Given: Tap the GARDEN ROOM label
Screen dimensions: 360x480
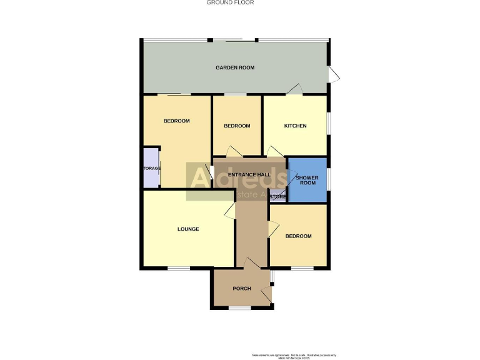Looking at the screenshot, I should point(235,67).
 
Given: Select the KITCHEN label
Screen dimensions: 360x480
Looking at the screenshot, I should point(296,126).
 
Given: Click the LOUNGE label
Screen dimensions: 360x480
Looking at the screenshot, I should point(188,229).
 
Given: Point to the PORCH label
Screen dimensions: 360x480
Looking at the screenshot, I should point(242,289).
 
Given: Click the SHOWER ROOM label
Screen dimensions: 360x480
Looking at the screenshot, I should point(307,181).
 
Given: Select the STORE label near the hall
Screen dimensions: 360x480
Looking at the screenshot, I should point(278,197).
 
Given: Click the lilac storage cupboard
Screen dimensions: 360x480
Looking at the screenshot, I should point(151,167).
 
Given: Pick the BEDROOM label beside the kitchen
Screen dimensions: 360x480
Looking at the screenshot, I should point(237,126).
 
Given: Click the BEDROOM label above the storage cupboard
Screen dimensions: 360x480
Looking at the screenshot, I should point(176,121).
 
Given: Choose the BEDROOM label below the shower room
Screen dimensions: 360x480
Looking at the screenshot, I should point(298,236).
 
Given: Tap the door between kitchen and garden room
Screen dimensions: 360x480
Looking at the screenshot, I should point(294,91).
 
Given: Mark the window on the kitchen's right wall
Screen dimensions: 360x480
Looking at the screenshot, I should point(328,122).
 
